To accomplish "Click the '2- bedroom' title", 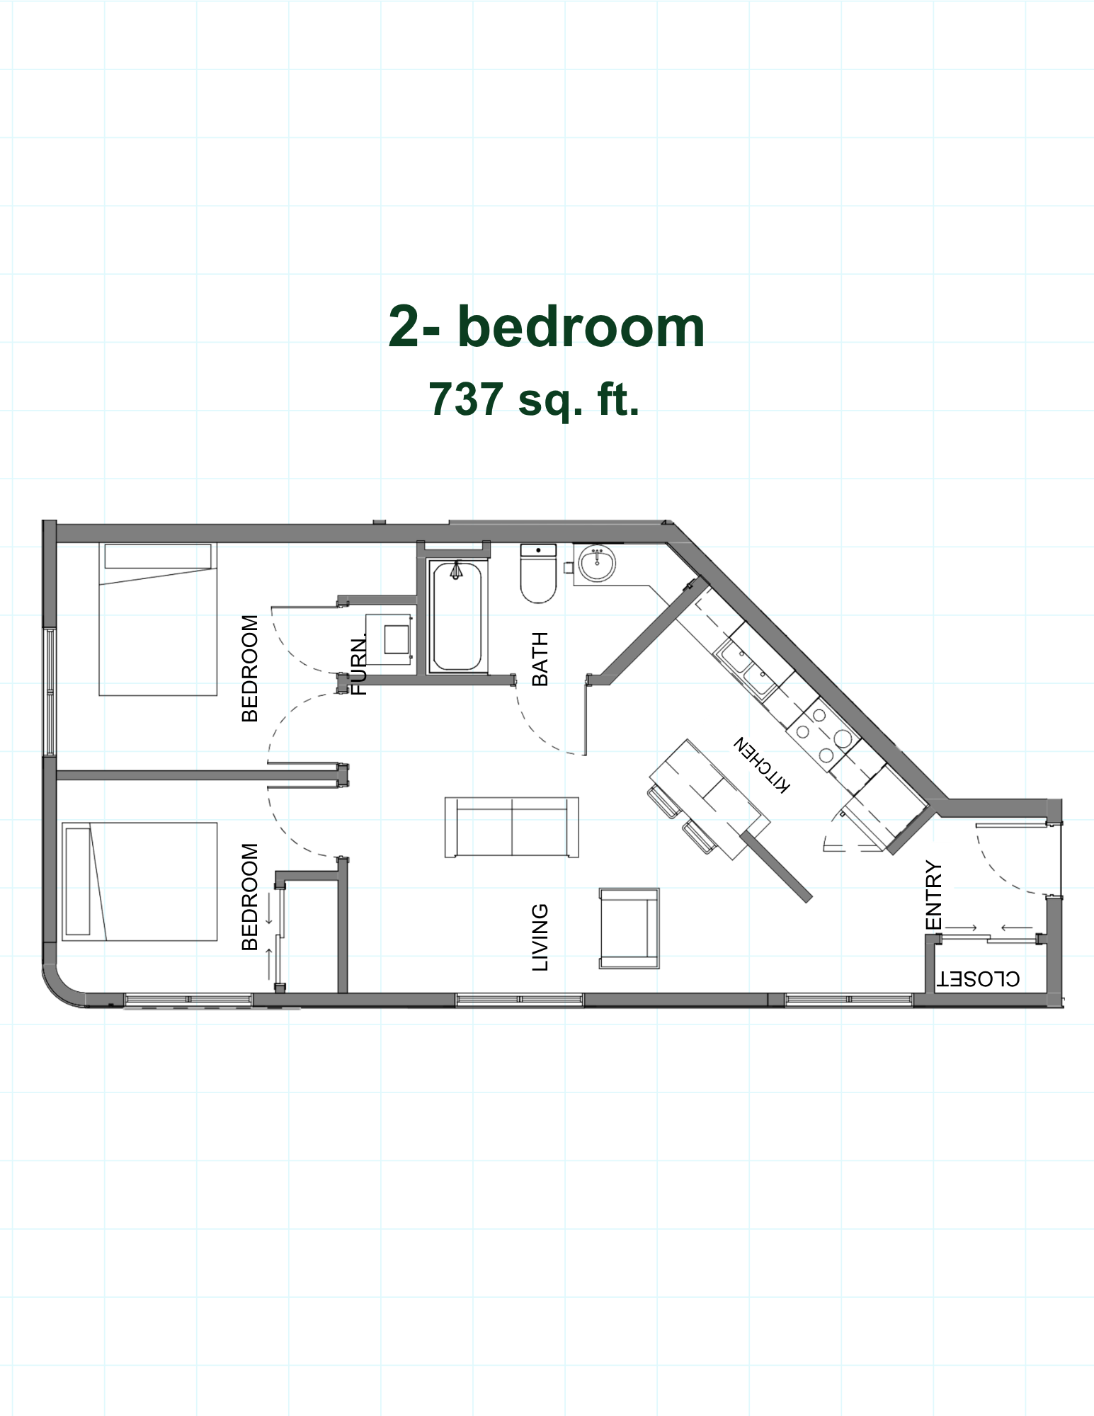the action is [546, 328].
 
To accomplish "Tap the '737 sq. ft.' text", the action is [534, 399].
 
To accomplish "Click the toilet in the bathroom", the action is [538, 573].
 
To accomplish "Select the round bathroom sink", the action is [597, 564].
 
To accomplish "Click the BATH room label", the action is [540, 659].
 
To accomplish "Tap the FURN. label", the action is [360, 665].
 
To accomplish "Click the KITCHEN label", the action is [760, 765].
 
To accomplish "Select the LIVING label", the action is [540, 937].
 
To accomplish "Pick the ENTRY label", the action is [934, 895].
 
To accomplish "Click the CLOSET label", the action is [979, 978].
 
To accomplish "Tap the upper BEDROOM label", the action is [249, 668].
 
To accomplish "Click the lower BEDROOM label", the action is [249, 896].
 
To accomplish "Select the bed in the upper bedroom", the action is [157, 619].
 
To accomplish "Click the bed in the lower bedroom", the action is [139, 881].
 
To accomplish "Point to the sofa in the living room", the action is [512, 827].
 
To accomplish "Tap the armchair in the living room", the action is [629, 928].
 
